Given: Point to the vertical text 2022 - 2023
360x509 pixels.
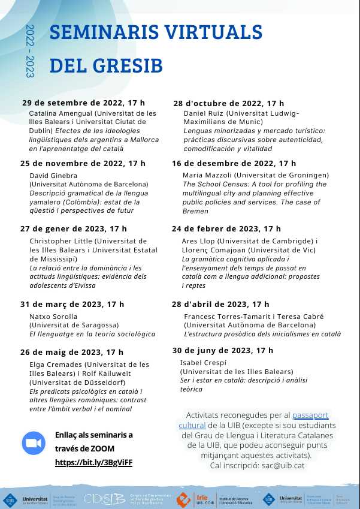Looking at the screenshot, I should point(31,51).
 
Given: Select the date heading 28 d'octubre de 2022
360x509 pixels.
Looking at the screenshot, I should point(229,103).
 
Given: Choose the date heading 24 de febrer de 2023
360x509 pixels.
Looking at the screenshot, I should point(226,228).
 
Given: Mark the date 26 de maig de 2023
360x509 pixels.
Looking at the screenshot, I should point(72,352).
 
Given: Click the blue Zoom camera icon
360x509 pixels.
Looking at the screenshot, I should point(34,443).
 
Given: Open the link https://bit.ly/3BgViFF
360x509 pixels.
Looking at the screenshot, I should point(93,463).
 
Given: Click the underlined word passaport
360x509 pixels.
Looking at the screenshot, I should point(310,415).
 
